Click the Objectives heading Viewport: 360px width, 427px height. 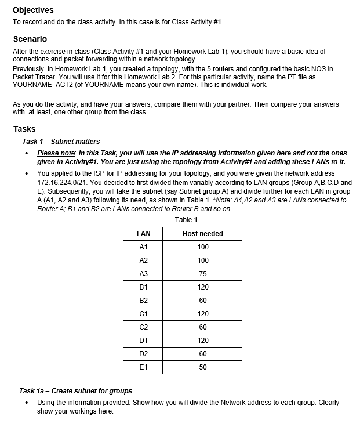(33, 10)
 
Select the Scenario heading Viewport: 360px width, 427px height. (30, 39)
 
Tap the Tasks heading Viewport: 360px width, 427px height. (24, 129)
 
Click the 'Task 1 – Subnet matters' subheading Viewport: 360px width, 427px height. (61, 141)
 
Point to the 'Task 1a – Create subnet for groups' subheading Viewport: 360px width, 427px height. (76, 390)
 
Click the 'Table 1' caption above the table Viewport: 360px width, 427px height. (186, 219)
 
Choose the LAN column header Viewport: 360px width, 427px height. (143, 234)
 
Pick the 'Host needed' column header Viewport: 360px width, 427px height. (202, 234)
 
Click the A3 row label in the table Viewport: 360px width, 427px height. (143, 274)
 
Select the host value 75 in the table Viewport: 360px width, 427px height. (202, 274)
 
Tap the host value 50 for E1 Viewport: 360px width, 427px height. (202, 367)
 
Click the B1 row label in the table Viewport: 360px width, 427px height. (143, 287)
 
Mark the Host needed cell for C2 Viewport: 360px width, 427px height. (202, 327)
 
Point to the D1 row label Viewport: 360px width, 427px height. (143, 341)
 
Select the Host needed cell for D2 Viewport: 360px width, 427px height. (202, 354)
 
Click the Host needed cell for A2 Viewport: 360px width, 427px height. (202, 260)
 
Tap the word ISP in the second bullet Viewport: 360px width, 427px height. (94, 173)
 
